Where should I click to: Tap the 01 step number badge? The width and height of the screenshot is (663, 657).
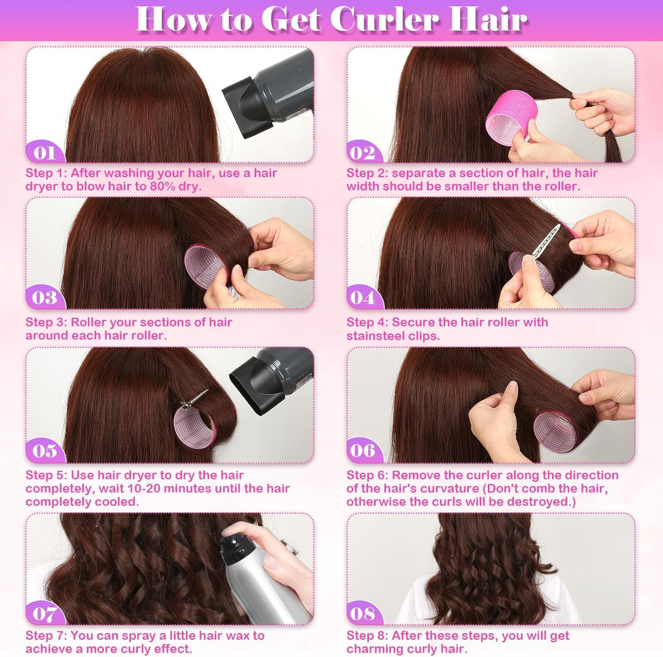click(45, 153)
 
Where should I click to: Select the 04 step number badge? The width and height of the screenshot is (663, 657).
click(362, 298)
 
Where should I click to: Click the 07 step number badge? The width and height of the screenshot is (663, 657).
click(44, 614)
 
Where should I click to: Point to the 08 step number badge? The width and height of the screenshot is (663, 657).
click(362, 614)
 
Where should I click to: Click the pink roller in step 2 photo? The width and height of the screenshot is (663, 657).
click(508, 124)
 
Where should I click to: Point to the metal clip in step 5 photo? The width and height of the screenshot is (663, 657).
click(194, 398)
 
